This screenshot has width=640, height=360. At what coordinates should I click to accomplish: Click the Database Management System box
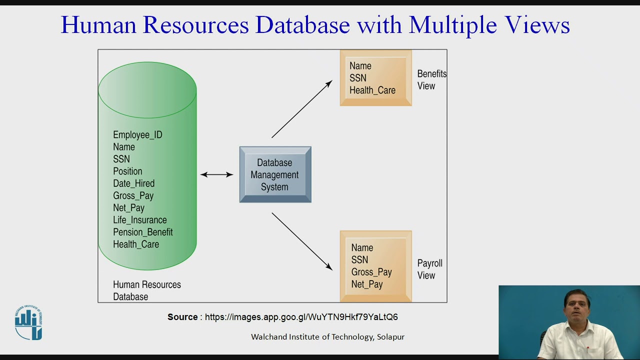275,174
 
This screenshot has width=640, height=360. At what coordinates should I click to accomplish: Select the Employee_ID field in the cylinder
137,135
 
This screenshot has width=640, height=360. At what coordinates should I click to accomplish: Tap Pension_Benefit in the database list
142,232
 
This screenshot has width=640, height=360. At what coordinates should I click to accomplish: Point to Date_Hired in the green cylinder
133,183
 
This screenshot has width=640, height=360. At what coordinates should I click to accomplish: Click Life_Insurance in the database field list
139,220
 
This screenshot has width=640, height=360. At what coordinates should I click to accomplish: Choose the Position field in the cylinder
127,171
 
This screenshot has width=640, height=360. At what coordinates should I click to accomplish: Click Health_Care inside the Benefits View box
372,90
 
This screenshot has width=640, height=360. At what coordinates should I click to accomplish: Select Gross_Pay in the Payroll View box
371,272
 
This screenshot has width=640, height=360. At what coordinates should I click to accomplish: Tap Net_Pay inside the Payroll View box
366,284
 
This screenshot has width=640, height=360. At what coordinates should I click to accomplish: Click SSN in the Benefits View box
357,78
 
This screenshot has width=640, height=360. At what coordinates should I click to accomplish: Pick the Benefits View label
431,79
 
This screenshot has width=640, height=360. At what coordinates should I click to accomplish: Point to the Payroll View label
429,269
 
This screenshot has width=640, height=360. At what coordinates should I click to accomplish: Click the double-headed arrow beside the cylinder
216,174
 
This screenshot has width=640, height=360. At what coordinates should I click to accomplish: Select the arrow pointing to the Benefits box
301,109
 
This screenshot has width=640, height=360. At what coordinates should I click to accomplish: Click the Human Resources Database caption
146,290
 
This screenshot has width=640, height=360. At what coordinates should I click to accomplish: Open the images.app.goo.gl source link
301,317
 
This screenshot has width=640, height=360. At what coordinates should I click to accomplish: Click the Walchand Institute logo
28,323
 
